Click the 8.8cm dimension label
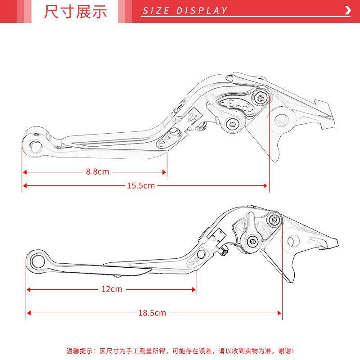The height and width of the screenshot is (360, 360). coord(98,172)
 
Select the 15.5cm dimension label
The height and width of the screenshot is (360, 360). coord(141,185)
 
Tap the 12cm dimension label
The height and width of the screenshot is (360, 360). coord(112,289)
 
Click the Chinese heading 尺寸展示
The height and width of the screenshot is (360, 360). coord(76,12)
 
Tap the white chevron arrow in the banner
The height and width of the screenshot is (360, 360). coord(347,11)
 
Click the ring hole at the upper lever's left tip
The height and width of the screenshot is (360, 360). coord(34,144)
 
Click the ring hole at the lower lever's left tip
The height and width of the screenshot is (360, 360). coord(37,260)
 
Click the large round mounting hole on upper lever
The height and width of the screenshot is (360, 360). coord(282,120)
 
